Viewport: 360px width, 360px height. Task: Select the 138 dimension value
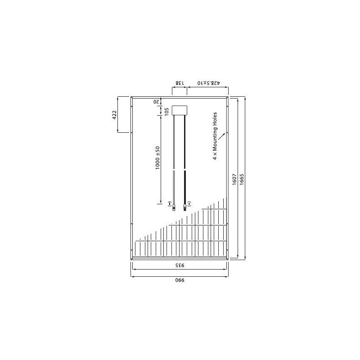(179, 83)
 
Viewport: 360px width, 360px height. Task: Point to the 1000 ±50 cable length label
(157, 157)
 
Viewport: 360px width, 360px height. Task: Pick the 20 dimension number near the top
(157, 102)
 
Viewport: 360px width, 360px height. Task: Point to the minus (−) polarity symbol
(169, 204)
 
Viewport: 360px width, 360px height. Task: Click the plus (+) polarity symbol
(189, 204)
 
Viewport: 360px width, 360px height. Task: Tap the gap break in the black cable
(184, 169)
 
